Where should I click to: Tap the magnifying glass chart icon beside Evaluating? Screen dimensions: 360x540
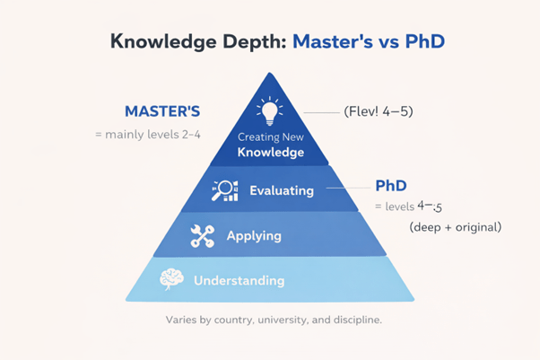click(x=224, y=190)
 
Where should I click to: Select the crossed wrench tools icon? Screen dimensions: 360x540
click(x=203, y=236)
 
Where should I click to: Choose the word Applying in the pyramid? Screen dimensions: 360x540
click(x=253, y=236)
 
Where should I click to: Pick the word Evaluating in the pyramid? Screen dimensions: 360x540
click(x=282, y=190)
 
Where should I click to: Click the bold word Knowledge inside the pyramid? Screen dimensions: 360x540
click(x=270, y=153)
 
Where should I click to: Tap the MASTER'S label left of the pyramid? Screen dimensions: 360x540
click(x=161, y=113)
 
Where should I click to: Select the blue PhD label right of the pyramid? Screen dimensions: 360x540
click(x=392, y=187)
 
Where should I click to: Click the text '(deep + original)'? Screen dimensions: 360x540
click(x=455, y=226)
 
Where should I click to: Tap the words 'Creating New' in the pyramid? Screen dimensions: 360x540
click(x=270, y=136)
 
